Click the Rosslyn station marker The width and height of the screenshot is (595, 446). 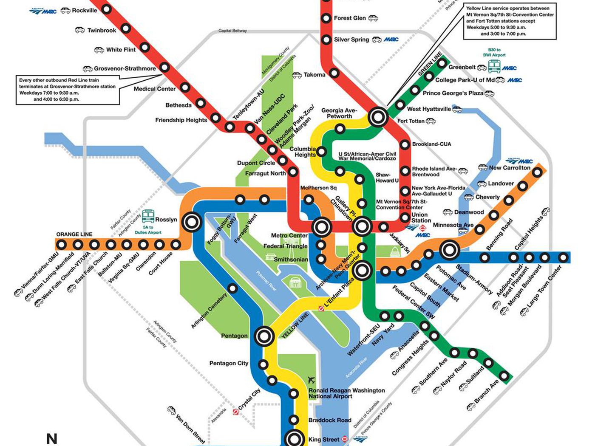[192, 221]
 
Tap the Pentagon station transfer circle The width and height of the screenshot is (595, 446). [264, 336]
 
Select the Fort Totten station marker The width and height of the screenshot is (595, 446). [378, 116]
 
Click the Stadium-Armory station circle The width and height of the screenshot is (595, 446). [449, 250]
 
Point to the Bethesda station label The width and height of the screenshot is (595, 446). [178, 105]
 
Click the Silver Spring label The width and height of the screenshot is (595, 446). [351, 40]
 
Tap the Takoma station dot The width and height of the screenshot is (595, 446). [334, 73]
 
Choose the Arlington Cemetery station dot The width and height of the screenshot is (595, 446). [232, 288]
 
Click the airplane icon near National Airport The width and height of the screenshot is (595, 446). [312, 380]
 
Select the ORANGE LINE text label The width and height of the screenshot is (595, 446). [74, 234]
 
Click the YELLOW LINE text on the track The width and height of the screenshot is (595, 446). [295, 326]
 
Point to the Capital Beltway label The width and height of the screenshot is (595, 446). [232, 31]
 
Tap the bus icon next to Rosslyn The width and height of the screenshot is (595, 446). [148, 216]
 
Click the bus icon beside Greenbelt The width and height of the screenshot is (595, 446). [494, 66]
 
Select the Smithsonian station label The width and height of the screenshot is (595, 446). [291, 259]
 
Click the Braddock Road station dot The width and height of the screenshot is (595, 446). [293, 420]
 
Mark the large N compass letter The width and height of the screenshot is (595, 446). [52, 439]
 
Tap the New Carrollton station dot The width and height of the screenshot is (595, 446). [537, 172]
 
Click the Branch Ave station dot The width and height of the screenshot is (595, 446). [504, 375]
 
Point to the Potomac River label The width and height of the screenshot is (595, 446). [266, 281]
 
